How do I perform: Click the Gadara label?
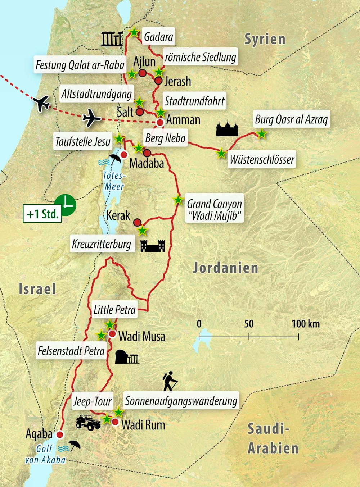pos(158,37)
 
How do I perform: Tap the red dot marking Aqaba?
pos(60,434)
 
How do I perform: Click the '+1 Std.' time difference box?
pos(42,214)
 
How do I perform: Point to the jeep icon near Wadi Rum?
pos(88,423)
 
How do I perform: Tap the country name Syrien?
pos(265,39)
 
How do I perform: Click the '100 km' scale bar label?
pos(305,324)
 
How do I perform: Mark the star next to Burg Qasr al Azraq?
pos(262,134)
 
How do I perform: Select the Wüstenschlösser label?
pos(262,159)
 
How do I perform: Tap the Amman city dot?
pos(160,123)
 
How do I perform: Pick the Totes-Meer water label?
pos(113,181)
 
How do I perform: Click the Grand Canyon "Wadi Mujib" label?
pos(214,210)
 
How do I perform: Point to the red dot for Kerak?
pos(137,222)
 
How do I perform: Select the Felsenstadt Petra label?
pos(71,351)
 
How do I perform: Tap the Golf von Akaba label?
pos(45,454)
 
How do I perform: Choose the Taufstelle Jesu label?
pos(83,142)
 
